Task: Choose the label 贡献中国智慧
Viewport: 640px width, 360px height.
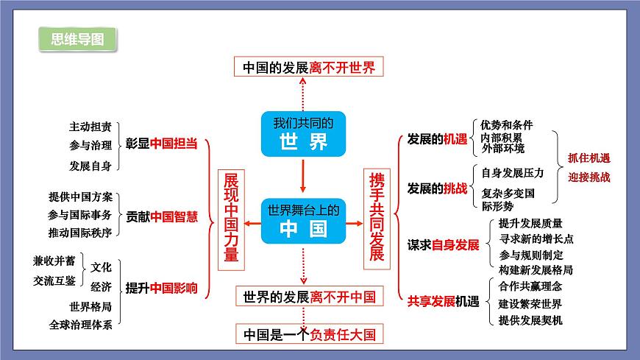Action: (162, 216)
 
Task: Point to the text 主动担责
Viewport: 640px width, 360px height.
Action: (90, 126)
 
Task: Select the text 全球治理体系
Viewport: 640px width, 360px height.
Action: (81, 324)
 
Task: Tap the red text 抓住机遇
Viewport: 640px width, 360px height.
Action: (589, 158)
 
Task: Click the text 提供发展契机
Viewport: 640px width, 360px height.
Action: (530, 320)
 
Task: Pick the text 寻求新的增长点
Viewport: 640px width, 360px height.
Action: (536, 239)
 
